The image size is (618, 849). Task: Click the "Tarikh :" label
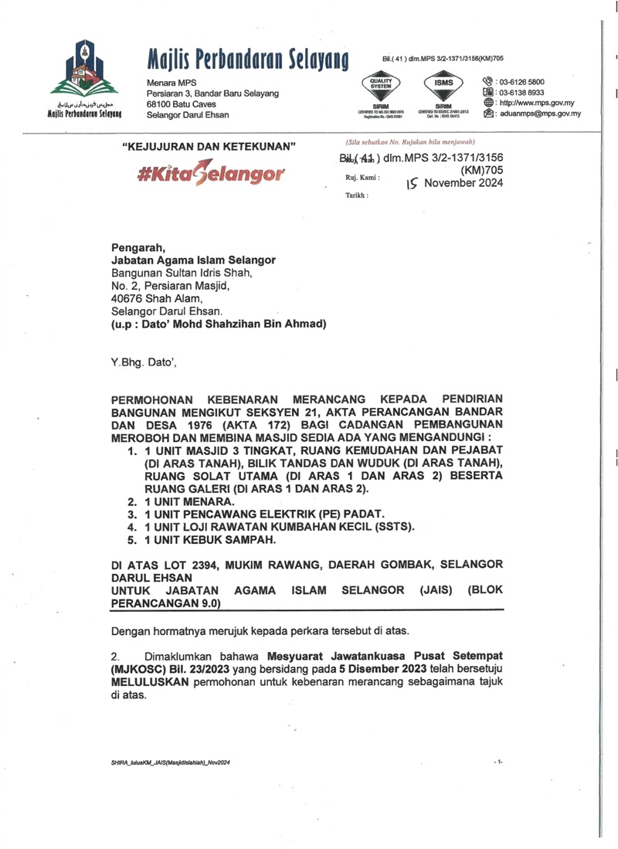[x=357, y=196]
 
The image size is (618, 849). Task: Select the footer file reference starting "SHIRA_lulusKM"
[x=171, y=762]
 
